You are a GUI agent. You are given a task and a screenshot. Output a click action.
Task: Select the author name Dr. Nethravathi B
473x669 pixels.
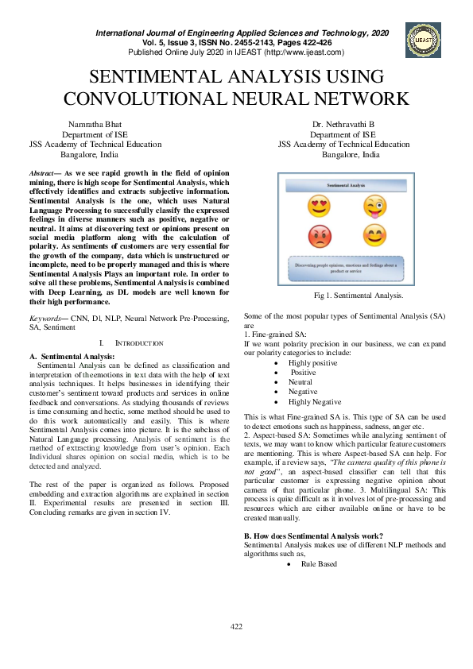(343, 125)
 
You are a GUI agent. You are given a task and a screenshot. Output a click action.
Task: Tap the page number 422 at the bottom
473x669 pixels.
(236, 649)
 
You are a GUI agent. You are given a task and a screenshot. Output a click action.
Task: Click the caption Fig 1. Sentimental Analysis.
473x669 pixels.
(359, 296)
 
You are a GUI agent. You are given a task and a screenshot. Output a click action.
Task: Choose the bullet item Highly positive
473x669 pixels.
(314, 362)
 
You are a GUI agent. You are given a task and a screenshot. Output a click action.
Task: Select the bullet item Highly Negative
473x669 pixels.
(315, 402)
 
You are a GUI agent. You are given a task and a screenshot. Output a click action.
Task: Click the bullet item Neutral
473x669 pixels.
(300, 381)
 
